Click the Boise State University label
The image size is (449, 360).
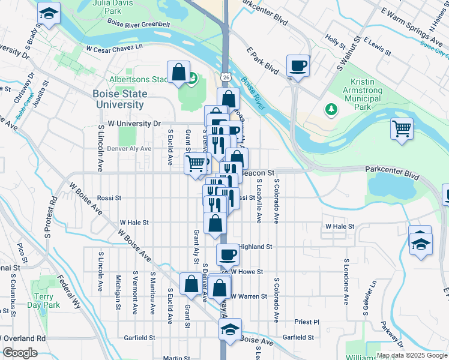click(x=118, y=99)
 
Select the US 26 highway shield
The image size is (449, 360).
click(x=224, y=77)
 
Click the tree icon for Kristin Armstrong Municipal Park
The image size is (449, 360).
click(x=329, y=109)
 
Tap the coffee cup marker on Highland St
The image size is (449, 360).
click(x=228, y=254)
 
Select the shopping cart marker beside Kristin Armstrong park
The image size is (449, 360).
click(x=402, y=128)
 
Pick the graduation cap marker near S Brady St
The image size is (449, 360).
click(x=49, y=13)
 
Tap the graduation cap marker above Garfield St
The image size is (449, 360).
click(x=230, y=329)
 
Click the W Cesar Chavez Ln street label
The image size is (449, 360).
click(x=115, y=47)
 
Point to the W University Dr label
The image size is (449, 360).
click(x=134, y=124)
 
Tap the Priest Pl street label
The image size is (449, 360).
click(x=307, y=322)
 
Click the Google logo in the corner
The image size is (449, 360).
click(x=20, y=353)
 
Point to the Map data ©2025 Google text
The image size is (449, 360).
click(x=411, y=355)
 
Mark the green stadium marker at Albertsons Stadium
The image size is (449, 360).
click(x=193, y=77)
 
